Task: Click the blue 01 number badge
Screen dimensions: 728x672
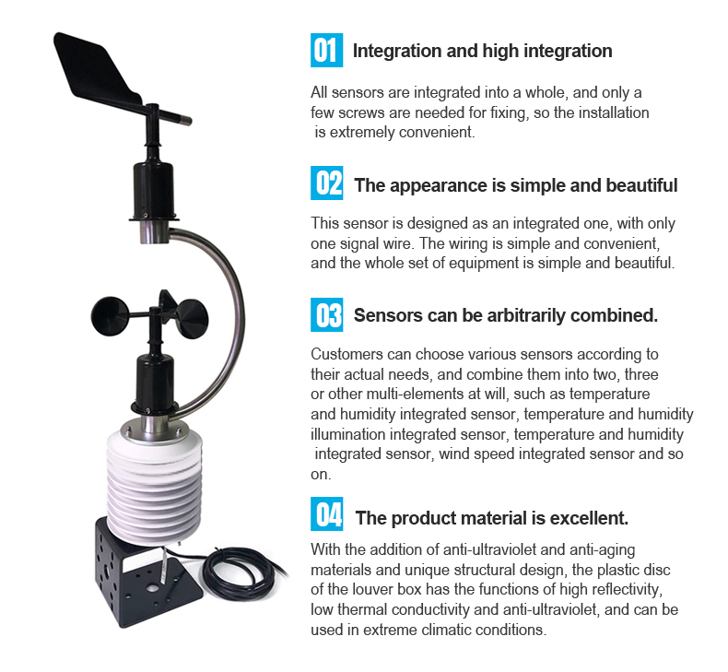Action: point(326,50)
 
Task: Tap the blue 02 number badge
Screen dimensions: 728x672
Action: point(326,183)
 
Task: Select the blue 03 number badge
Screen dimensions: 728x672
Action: point(326,315)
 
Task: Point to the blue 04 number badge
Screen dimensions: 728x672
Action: point(326,513)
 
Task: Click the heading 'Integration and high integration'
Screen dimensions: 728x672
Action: point(482,51)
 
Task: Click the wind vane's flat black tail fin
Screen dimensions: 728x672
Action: point(95,69)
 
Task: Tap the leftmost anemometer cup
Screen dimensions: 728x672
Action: point(110,316)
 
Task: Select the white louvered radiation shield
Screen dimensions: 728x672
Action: point(154,483)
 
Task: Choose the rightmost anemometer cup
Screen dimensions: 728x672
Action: point(193,319)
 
